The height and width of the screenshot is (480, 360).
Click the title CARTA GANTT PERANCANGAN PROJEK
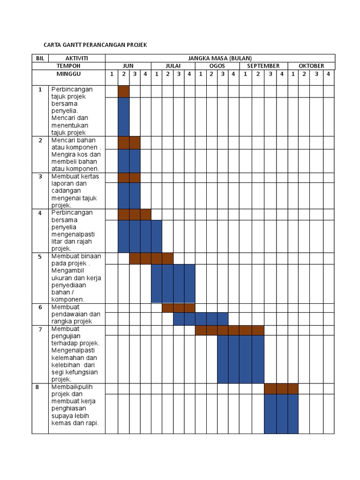tap(95, 45)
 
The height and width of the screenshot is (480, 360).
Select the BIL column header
tap(40, 58)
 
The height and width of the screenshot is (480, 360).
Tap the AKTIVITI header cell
tap(77, 58)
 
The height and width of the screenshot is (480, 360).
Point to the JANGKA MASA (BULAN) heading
tap(220, 58)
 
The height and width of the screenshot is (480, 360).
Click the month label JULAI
tap(173, 66)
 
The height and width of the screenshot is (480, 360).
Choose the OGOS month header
tap(217, 66)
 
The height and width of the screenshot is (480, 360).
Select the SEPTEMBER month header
tap(263, 66)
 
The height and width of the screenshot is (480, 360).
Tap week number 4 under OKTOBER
tap(329, 74)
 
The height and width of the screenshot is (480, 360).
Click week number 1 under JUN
tap(112, 74)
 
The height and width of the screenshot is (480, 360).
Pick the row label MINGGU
tap(68, 74)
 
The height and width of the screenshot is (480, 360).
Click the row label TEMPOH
tap(68, 66)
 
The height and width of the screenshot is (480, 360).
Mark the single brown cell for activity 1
tap(124, 91)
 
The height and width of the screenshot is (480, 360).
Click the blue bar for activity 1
tap(124, 117)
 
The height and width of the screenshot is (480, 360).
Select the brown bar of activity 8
tap(281, 389)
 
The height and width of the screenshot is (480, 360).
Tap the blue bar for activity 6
tap(201, 319)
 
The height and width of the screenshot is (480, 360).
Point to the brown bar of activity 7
tap(230, 330)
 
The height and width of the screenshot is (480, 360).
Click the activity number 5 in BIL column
tap(40, 257)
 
